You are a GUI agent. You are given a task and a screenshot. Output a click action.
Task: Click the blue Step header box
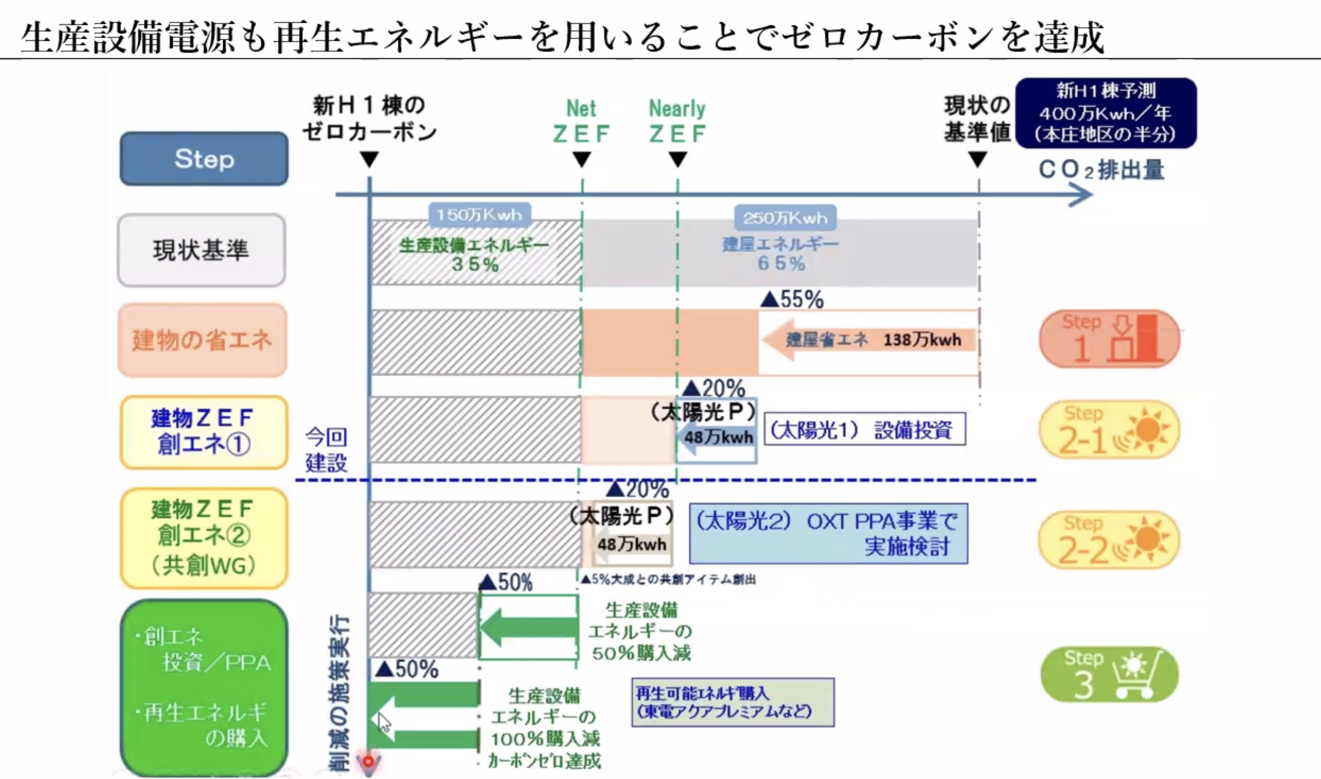[x=204, y=158]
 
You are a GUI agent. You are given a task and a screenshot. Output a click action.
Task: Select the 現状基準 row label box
[x=202, y=250]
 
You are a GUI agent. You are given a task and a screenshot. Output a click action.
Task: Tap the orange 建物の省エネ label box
[x=202, y=340]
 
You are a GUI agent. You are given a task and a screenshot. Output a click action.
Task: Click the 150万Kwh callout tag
[x=480, y=215]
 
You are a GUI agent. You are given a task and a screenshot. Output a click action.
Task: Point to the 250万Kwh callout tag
[x=785, y=217]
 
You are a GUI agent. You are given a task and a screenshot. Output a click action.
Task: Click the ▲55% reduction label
[x=792, y=299]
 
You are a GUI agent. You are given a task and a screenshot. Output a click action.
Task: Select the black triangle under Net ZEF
[x=582, y=159]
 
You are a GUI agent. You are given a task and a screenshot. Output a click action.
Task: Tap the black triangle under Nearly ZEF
[x=678, y=159]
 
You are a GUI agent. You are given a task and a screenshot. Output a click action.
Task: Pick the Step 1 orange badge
[x=1109, y=339]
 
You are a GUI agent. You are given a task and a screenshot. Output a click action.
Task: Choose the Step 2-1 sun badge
[x=1109, y=429]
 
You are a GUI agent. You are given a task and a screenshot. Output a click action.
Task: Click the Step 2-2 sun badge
[x=1109, y=540]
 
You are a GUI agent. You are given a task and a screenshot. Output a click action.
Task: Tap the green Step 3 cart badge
[x=1109, y=675]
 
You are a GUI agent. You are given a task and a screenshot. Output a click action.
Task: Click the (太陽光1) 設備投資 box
[x=864, y=429]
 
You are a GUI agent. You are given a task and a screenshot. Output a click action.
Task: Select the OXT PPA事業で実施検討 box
[x=829, y=534]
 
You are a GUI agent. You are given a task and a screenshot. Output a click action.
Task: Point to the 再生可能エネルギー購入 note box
[x=732, y=702]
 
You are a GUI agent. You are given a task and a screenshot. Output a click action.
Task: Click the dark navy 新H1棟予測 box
[x=1106, y=113]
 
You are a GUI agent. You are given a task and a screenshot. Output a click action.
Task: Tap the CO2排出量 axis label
[x=1102, y=170]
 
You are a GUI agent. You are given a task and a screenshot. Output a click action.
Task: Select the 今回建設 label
[x=326, y=450]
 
